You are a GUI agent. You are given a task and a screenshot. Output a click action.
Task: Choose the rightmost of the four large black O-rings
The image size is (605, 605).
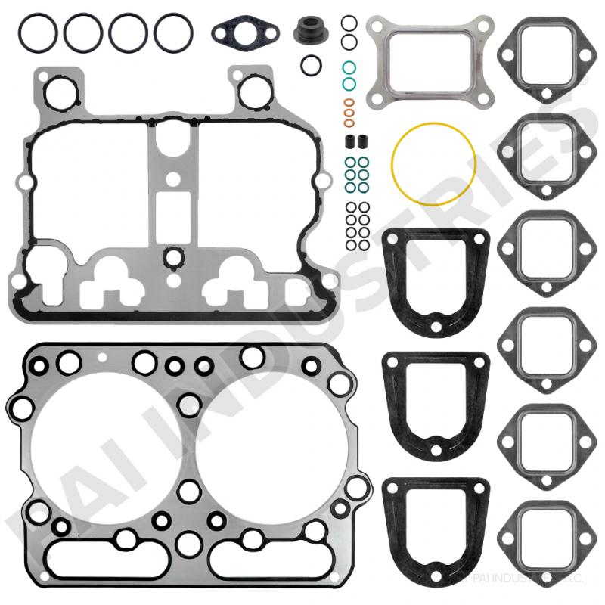[173, 32]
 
